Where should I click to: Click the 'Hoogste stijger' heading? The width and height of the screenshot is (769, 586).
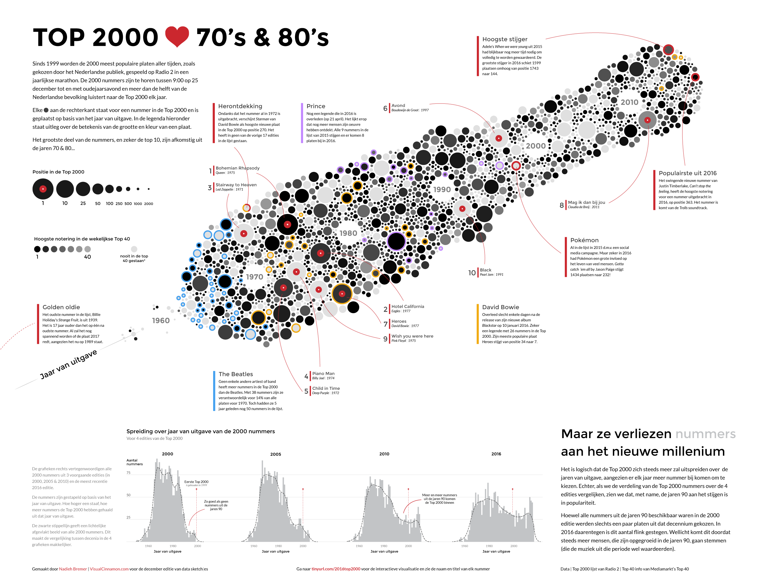pyautogui.click(x=504, y=39)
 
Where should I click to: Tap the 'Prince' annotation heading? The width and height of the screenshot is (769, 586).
pyautogui.click(x=316, y=106)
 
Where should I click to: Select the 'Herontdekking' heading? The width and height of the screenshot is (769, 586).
pyautogui.click(x=240, y=106)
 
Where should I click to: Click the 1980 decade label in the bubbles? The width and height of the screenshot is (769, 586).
pyautogui.click(x=348, y=233)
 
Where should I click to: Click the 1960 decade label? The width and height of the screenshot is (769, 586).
pyautogui.click(x=161, y=321)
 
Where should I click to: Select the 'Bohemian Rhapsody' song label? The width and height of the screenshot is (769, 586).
pyautogui.click(x=237, y=168)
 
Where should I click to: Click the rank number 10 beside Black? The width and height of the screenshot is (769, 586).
pyautogui.click(x=472, y=273)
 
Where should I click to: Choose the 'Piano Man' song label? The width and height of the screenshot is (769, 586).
pyautogui.click(x=323, y=374)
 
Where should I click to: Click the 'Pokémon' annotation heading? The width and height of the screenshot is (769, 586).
pyautogui.click(x=584, y=240)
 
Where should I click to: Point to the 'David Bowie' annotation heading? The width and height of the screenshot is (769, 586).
pyautogui.click(x=500, y=307)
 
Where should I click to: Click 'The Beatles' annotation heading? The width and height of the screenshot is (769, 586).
pyautogui.click(x=236, y=374)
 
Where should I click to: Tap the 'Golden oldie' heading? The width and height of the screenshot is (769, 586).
pyautogui.click(x=61, y=307)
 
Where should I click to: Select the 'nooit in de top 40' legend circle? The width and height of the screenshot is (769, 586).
pyautogui.click(x=134, y=249)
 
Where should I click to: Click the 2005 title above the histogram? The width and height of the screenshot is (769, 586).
pyautogui.click(x=275, y=454)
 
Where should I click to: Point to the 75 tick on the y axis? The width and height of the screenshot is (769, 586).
pyautogui.click(x=128, y=473)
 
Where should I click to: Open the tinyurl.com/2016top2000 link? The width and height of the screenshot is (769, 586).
pyautogui.click(x=335, y=569)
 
